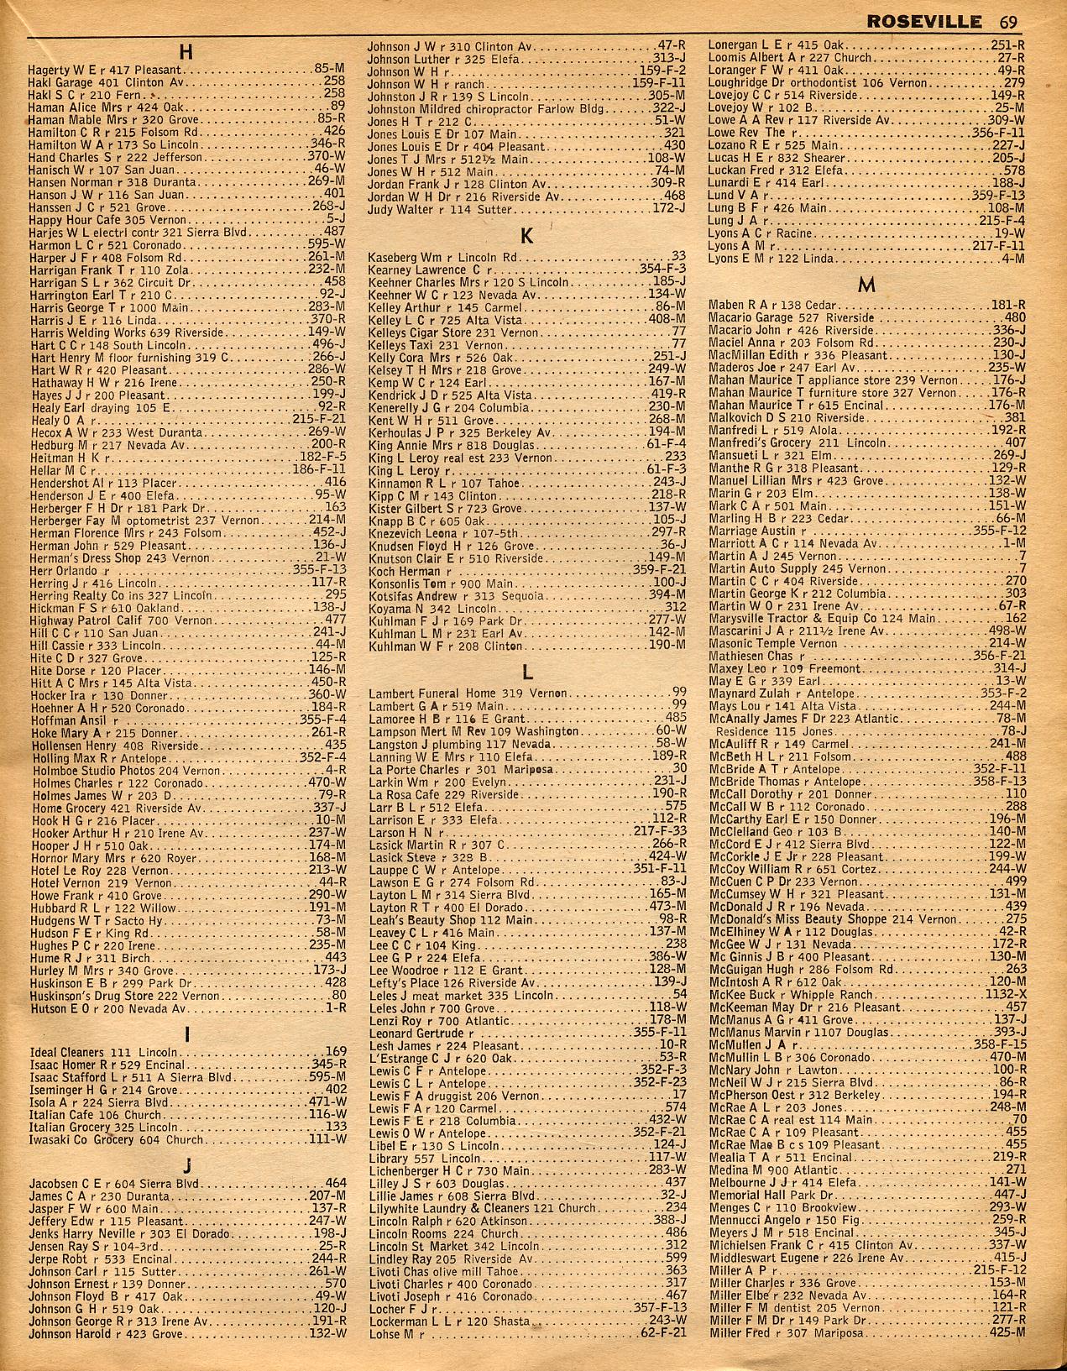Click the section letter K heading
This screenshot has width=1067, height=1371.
pyautogui.click(x=527, y=238)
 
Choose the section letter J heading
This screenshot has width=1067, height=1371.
pyautogui.click(x=186, y=1164)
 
